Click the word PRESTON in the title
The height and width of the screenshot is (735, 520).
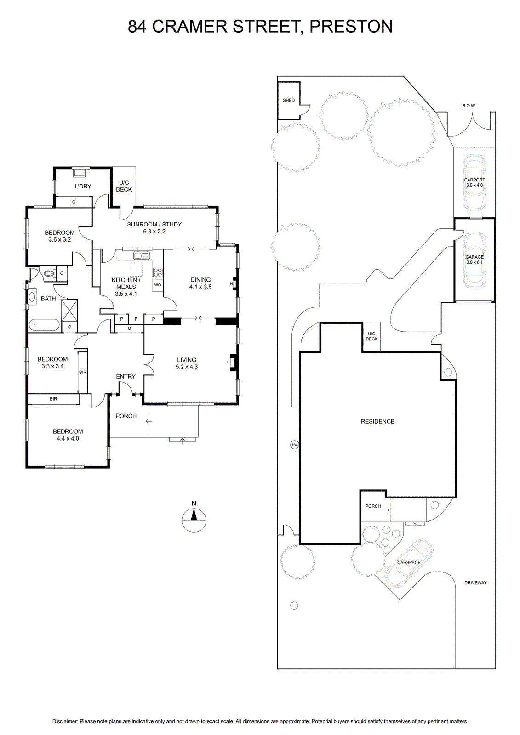point(351,26)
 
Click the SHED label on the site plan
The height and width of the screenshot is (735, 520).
point(289,101)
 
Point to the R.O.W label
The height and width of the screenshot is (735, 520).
point(469,106)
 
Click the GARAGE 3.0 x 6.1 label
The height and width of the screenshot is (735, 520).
point(474,260)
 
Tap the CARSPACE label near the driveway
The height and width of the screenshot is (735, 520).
point(409,562)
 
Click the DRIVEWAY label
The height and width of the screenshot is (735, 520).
point(475,583)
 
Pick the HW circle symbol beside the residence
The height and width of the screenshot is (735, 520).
point(295,445)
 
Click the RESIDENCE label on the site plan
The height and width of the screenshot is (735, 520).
point(377,421)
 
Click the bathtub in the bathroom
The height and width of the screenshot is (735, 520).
point(44,325)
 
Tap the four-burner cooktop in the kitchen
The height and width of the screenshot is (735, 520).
point(158,273)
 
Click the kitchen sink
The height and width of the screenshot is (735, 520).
point(142,255)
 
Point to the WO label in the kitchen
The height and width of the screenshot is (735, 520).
point(158,285)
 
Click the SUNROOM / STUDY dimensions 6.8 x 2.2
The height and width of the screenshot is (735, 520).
point(154,232)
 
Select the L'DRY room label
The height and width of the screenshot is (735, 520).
point(83,187)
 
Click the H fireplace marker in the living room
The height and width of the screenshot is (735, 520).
point(228,362)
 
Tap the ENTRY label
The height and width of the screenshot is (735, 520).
point(126,376)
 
